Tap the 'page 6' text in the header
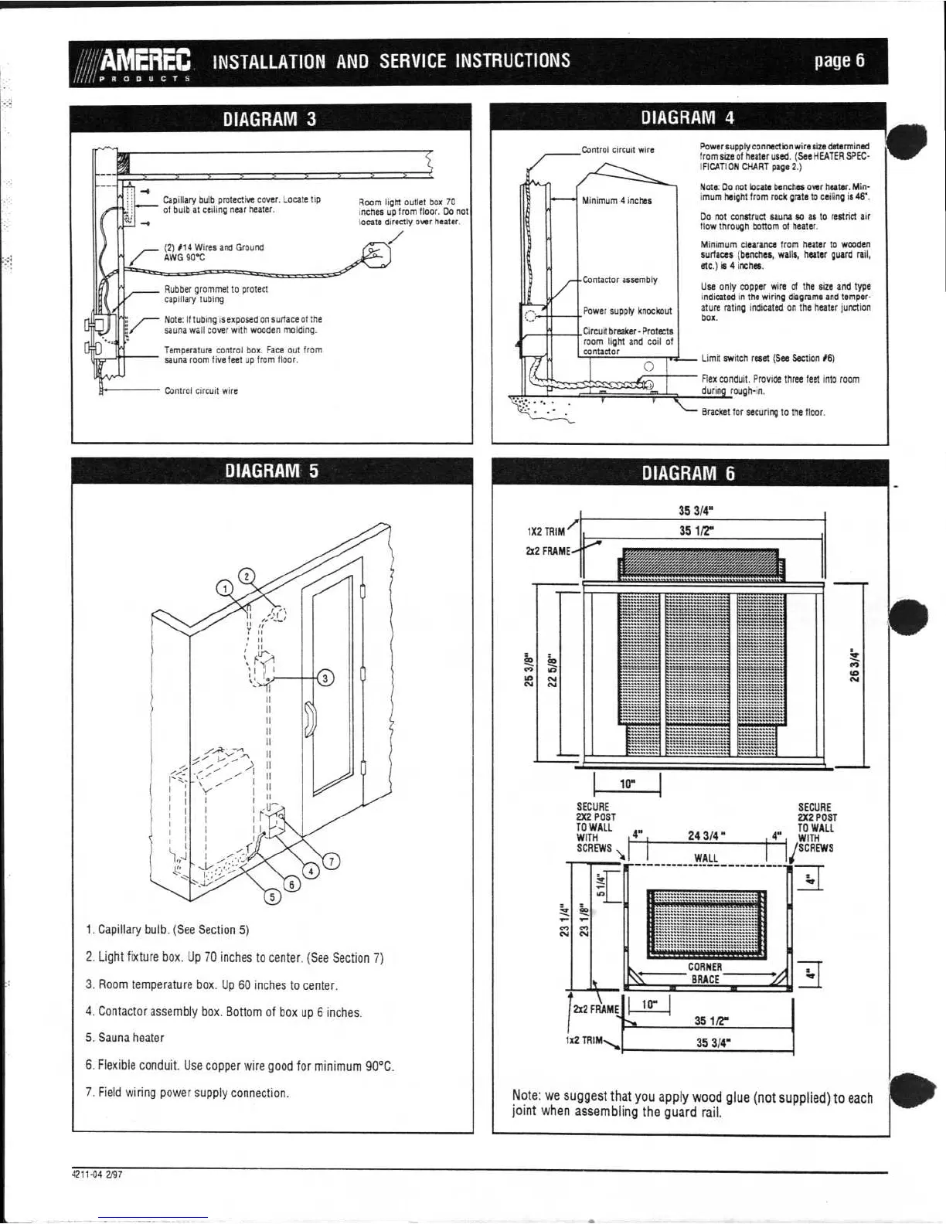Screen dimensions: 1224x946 point(839,61)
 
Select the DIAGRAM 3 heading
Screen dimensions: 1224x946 point(270,119)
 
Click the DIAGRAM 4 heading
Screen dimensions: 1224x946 point(688,117)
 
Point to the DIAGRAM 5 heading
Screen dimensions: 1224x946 point(271,471)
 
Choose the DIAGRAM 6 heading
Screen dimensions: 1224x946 point(688,473)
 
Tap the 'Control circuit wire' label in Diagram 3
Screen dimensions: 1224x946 point(201,391)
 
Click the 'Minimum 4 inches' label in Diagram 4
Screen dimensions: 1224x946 point(617,201)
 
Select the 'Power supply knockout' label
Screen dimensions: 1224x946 point(627,311)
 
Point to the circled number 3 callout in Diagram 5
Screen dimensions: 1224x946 point(325,678)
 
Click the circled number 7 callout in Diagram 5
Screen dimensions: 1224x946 point(331,862)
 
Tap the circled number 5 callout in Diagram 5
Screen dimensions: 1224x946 point(272,896)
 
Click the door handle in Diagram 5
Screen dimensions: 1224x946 point(309,716)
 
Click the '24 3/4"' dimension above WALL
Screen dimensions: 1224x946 point(706,835)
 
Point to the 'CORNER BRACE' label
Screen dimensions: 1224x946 point(705,973)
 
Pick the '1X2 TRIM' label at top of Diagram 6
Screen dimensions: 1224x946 point(546,532)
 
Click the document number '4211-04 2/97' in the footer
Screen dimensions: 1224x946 point(97,1173)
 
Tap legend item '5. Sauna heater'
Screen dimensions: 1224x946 point(124,1038)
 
